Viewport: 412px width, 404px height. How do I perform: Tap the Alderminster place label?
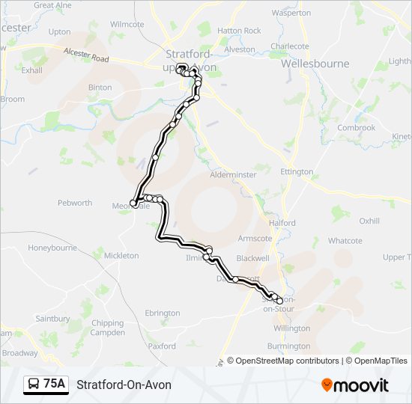click(234, 174)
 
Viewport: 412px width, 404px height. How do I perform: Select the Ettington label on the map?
click(297, 172)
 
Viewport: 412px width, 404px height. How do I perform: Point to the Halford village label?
click(283, 223)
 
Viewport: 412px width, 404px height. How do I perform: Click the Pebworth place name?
click(75, 203)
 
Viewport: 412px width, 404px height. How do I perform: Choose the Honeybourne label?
click(52, 248)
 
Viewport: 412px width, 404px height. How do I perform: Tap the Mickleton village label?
click(121, 256)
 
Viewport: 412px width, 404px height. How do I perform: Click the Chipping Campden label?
click(108, 328)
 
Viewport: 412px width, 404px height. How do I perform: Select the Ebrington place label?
click(163, 313)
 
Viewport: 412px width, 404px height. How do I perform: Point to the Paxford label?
click(162, 346)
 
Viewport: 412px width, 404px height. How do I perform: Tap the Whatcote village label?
click(345, 241)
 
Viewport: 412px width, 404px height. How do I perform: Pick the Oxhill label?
click(369, 221)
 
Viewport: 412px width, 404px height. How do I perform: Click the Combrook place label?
click(356, 128)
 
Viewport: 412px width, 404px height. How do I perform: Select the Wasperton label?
click(291, 13)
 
